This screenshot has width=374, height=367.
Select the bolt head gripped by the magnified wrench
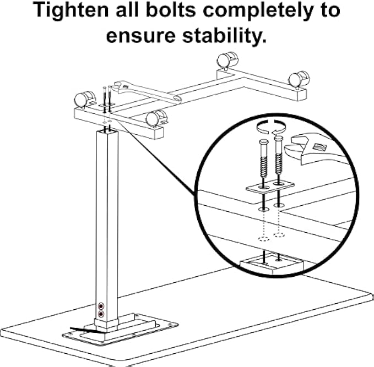pos(279,141)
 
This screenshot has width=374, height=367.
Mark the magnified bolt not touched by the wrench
pos(262,160)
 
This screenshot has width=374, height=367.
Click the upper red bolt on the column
pos(101,305)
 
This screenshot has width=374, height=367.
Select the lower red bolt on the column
pos(101,314)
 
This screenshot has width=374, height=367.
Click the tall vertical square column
pos(108,220)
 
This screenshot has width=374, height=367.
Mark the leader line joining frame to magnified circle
pos(160,160)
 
